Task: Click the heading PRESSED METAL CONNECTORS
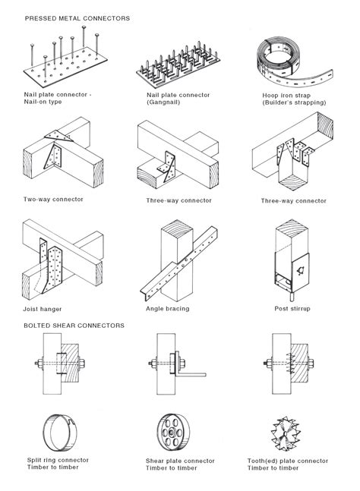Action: coord(77,18)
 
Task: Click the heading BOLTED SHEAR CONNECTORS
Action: coord(74,326)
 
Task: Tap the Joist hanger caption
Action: coord(43,309)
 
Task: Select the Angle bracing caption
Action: coord(168,309)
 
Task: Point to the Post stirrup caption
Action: coord(292,309)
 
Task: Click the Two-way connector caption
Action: coord(53,199)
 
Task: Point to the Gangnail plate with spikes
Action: coord(178,65)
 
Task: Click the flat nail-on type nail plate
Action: coord(65,66)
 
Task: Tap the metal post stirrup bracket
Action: coord(292,272)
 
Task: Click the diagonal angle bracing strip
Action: coord(179,264)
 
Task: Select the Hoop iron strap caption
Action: coord(286,96)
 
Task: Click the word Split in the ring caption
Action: coord(34,461)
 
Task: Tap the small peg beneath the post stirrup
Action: coord(291,295)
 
